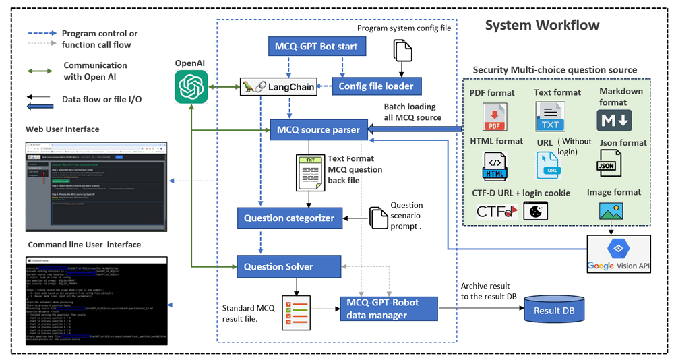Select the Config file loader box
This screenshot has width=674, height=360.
pyautogui.click(x=377, y=86)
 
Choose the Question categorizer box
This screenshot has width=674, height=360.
pyautogui.click(x=289, y=218)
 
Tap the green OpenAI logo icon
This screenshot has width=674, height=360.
pyautogui.click(x=191, y=87)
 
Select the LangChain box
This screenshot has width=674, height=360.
pyautogui.click(x=279, y=86)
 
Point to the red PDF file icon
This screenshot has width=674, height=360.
pyautogui.click(x=494, y=116)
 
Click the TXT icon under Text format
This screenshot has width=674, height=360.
pyautogui.click(x=550, y=116)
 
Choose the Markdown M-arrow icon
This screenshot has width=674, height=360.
pyautogui.click(x=614, y=119)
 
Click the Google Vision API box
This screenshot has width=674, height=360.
pyautogui.click(x=619, y=253)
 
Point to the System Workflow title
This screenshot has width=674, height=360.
pyautogui.click(x=542, y=26)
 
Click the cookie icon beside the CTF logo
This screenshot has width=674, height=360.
pyautogui.click(x=536, y=211)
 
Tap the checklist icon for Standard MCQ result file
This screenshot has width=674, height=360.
pyautogui.click(x=297, y=311)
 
